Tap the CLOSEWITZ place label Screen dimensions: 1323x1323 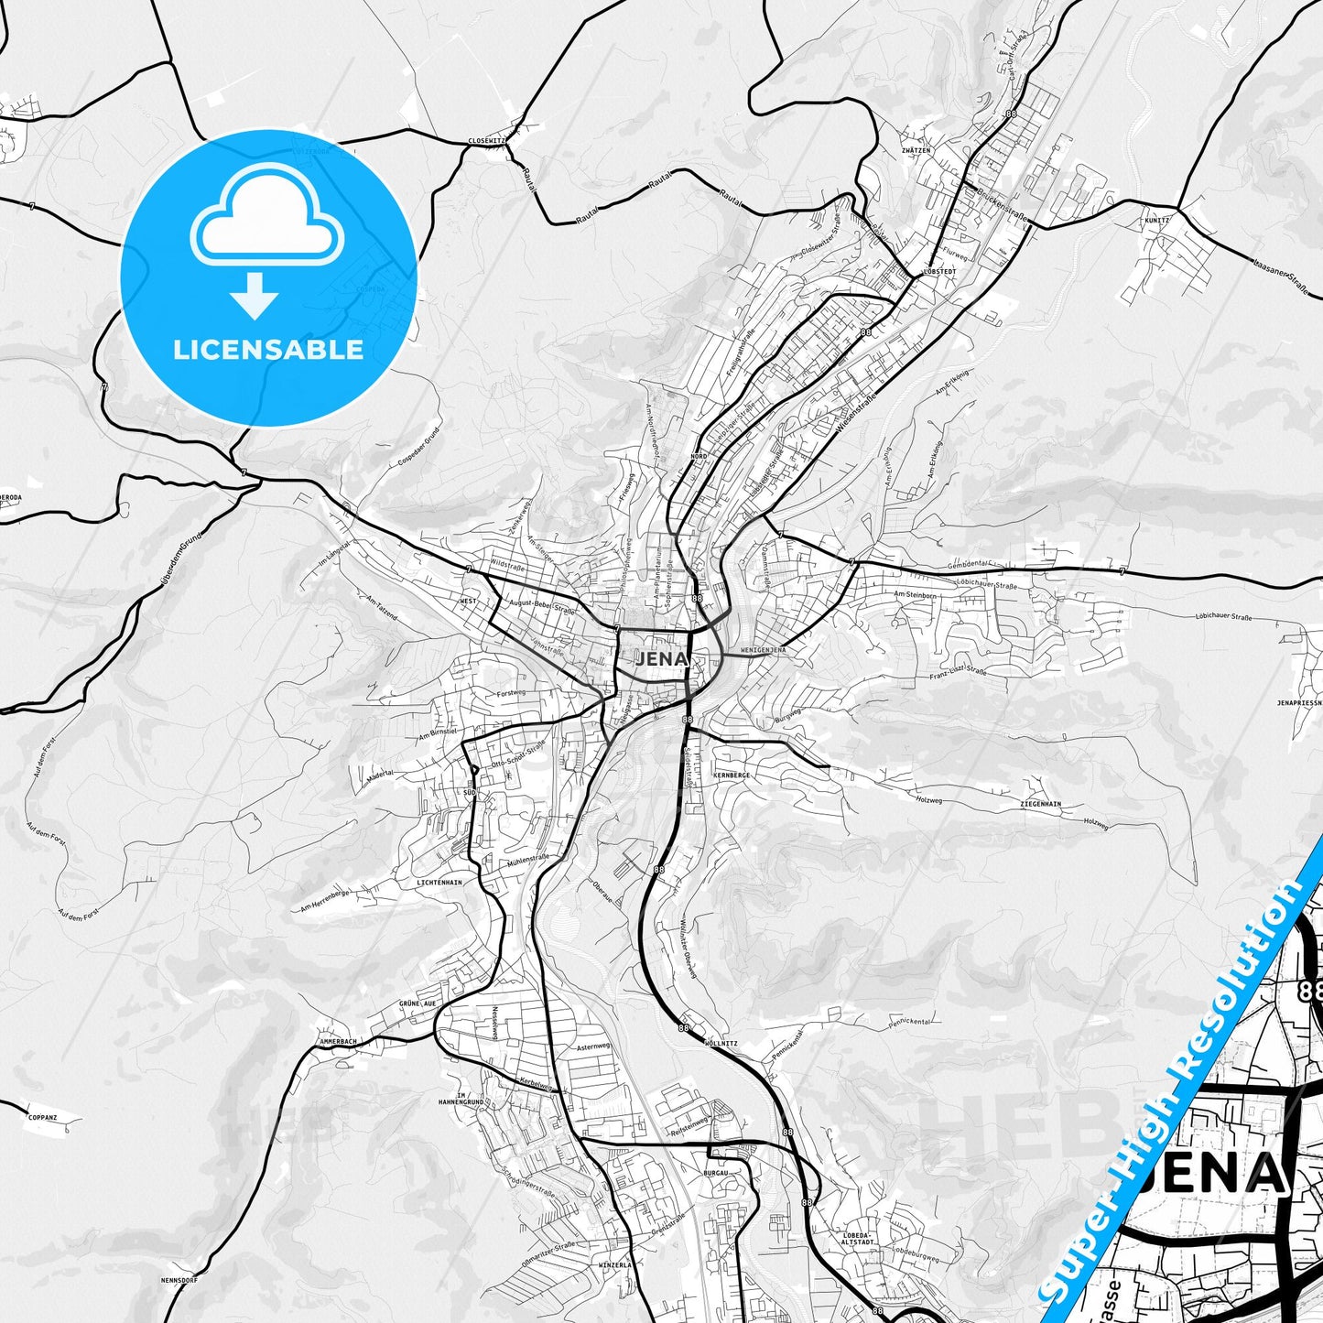pyautogui.click(x=486, y=141)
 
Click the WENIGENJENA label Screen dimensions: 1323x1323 pyautogui.click(x=763, y=650)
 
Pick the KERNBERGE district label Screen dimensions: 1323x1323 pyautogui.click(x=731, y=775)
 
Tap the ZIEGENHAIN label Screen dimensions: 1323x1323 pyautogui.click(x=1040, y=804)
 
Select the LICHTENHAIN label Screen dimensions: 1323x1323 pyautogui.click(x=439, y=882)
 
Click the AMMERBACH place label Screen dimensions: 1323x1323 pyautogui.click(x=338, y=1042)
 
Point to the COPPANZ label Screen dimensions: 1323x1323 pyautogui.click(x=43, y=1117)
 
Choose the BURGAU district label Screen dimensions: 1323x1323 pyautogui.click(x=715, y=1172)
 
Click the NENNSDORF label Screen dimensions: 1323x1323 pyautogui.click(x=173, y=1279)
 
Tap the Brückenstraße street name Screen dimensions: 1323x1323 pyautogui.click(x=1001, y=206)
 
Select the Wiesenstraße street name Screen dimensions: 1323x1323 pyautogui.click(x=857, y=413)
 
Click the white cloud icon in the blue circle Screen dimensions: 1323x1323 pyautogui.click(x=267, y=218)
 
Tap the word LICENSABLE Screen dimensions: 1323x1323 pyautogui.click(x=268, y=349)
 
